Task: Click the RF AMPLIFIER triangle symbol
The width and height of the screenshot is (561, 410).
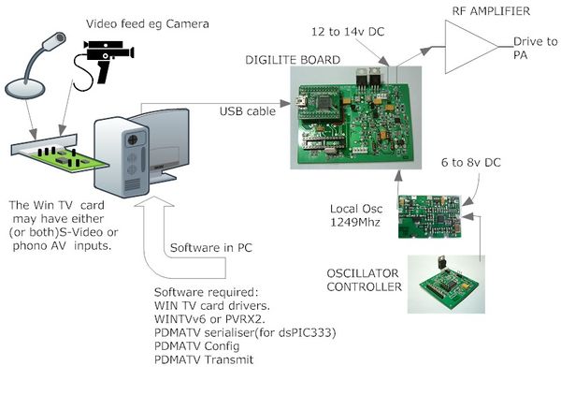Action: click(x=468, y=47)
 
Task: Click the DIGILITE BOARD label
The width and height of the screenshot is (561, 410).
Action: click(x=293, y=60)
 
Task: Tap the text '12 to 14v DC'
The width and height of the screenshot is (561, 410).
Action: click(x=348, y=32)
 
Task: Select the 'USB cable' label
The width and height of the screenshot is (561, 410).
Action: click(x=248, y=111)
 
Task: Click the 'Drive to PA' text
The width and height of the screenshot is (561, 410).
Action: click(x=535, y=49)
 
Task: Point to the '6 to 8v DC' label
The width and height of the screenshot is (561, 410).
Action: click(x=471, y=163)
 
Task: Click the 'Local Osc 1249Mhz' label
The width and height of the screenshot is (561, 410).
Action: click(x=356, y=215)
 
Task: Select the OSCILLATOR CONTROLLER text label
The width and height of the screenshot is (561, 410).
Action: click(x=365, y=280)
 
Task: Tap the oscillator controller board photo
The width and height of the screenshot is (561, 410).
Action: click(x=447, y=284)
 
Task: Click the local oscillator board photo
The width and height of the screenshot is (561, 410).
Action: click(x=429, y=216)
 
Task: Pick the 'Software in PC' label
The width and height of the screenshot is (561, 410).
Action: click(x=211, y=248)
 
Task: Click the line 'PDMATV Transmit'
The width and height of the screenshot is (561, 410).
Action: click(x=204, y=359)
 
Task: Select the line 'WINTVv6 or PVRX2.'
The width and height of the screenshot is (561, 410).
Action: click(x=209, y=319)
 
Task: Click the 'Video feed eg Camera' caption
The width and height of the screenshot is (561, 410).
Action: click(x=148, y=24)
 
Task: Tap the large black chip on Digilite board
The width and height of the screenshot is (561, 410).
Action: click(x=325, y=102)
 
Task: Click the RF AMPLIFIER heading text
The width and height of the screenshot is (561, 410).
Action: click(x=491, y=11)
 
